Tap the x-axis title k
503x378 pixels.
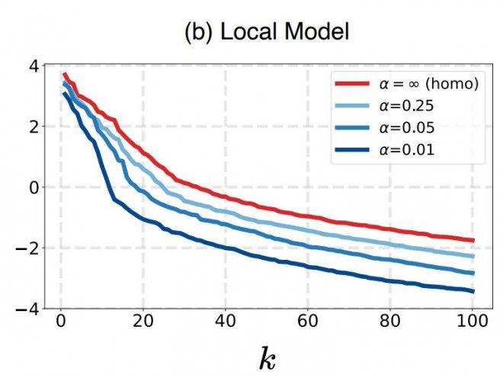click(x=267, y=357)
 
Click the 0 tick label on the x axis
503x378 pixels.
click(x=60, y=323)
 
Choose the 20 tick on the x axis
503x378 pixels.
click(x=143, y=323)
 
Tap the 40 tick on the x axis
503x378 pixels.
click(x=225, y=323)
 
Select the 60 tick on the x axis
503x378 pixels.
click(x=307, y=323)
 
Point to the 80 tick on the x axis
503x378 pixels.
click(x=389, y=323)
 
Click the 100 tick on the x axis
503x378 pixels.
click(x=472, y=323)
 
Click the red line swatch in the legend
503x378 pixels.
click(x=350, y=84)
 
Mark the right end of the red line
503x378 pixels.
click(x=473, y=240)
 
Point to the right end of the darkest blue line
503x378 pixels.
click(x=473, y=291)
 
